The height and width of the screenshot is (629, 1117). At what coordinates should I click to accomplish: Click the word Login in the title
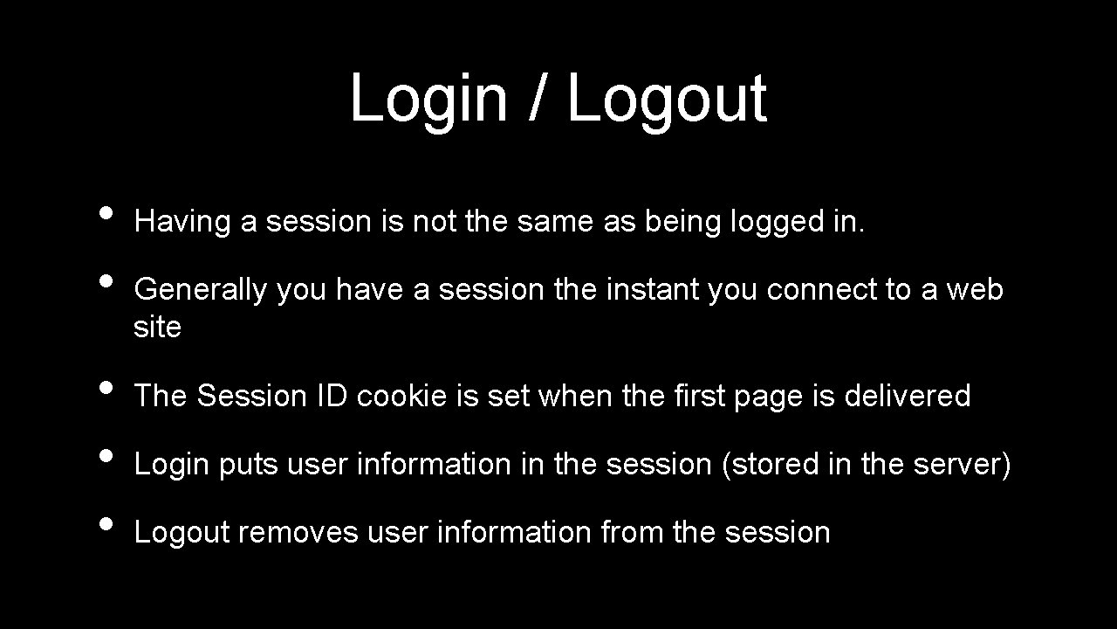click(x=428, y=99)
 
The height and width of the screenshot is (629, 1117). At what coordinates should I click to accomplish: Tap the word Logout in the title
click(x=667, y=99)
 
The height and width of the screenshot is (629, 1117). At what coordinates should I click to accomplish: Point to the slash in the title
click(x=537, y=98)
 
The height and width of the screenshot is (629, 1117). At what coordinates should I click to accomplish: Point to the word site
click(x=157, y=328)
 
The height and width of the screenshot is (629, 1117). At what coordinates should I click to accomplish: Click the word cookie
click(x=402, y=396)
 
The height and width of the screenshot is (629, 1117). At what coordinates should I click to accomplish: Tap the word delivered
click(x=907, y=396)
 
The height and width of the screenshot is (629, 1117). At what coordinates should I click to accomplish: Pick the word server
click(x=957, y=465)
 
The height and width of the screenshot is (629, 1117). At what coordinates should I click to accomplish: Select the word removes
click(x=298, y=532)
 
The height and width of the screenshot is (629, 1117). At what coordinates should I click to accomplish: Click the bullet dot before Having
click(x=106, y=212)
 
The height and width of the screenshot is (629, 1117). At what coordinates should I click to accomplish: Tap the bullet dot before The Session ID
click(x=106, y=386)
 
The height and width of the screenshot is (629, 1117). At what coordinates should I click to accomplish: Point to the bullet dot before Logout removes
click(x=106, y=522)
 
